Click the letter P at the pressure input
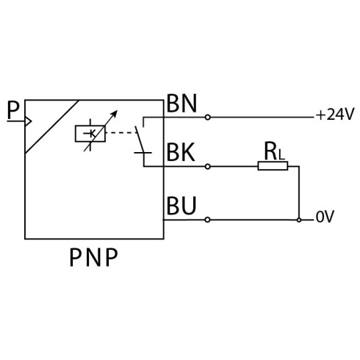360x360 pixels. coord(13,110)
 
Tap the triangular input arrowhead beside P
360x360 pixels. coord(29,121)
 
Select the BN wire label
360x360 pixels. coord(181,104)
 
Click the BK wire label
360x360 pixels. coord(181,152)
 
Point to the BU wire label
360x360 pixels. coord(181,205)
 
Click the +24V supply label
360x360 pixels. coord(335,114)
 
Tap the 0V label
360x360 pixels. coord(325,217)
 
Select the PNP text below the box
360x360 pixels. coord(93,257)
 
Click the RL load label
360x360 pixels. coord(274,151)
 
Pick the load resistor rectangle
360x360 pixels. coord(273,166)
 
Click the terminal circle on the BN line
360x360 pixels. coord(208,118)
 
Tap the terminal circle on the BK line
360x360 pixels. coord(208,167)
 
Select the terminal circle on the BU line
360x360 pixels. coord(207,220)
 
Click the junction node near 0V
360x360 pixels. coord(299,220)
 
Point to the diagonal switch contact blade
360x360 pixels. coord(140,140)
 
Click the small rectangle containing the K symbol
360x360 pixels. coord(90,134)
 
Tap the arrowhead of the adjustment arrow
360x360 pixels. coord(115,113)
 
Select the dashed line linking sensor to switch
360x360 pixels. coord(121,133)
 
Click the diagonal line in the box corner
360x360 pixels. coord(52,126)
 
